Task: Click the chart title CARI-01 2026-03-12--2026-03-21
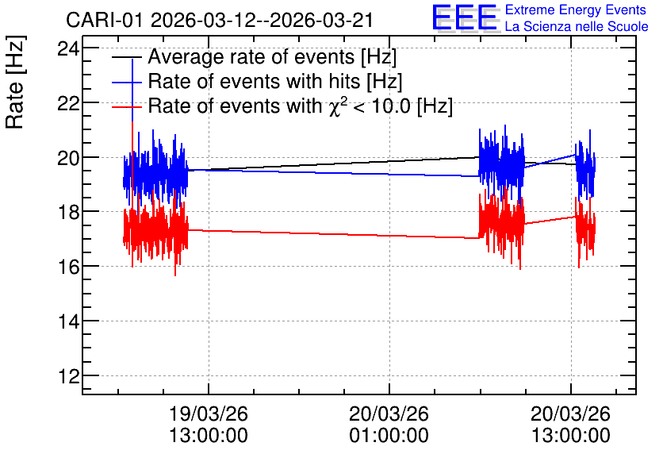220,20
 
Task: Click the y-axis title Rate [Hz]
15,82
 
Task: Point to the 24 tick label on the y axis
68,49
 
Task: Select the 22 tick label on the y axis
68,103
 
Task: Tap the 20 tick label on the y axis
68,158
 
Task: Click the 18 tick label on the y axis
68,213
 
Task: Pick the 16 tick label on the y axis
68,267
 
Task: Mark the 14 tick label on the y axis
68,321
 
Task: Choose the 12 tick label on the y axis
68,376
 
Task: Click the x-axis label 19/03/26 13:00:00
209,425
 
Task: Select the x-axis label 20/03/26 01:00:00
389,425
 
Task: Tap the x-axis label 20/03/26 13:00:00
571,425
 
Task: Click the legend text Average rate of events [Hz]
272,57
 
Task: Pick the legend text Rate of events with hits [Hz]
275,81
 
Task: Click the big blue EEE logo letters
465,17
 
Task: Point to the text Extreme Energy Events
576,10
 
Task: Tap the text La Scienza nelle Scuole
577,26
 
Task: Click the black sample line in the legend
126,57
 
